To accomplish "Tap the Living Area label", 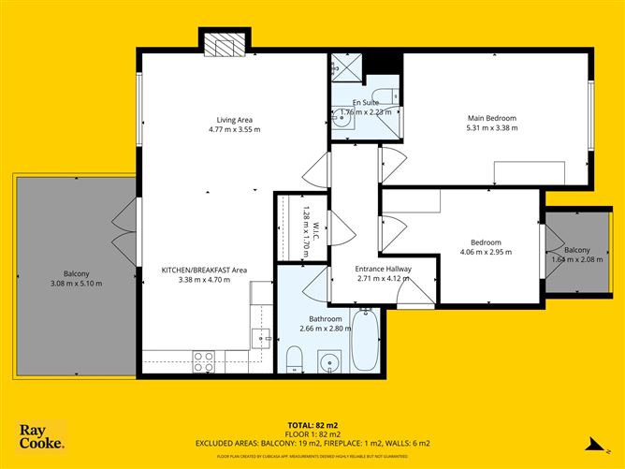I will tap(234, 120).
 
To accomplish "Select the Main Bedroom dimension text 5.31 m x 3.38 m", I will tap(491, 129).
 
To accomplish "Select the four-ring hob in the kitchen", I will tap(204, 361).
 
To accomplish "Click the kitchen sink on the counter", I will tap(260, 337).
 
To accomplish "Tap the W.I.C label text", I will tap(316, 226).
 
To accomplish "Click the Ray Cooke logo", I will tap(42, 436).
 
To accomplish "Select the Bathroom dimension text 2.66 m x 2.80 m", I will tap(325, 329).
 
